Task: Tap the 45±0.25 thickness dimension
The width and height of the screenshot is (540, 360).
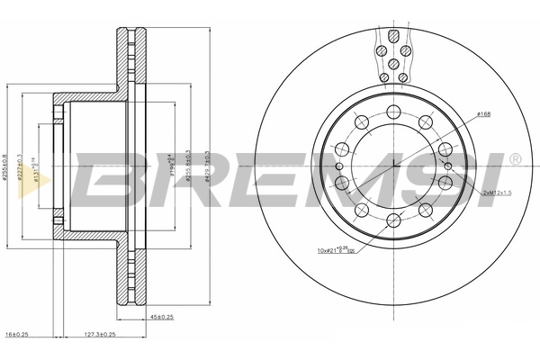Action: pyautogui.click(x=163, y=316)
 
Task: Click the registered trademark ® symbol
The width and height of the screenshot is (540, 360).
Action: pyautogui.click(x=514, y=159)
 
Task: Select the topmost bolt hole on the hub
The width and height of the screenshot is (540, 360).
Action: pyautogui.click(x=394, y=112)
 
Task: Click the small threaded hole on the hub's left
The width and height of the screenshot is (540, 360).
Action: pyautogui.click(x=337, y=166)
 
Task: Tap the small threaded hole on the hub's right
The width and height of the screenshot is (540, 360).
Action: pyautogui.click(x=451, y=166)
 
